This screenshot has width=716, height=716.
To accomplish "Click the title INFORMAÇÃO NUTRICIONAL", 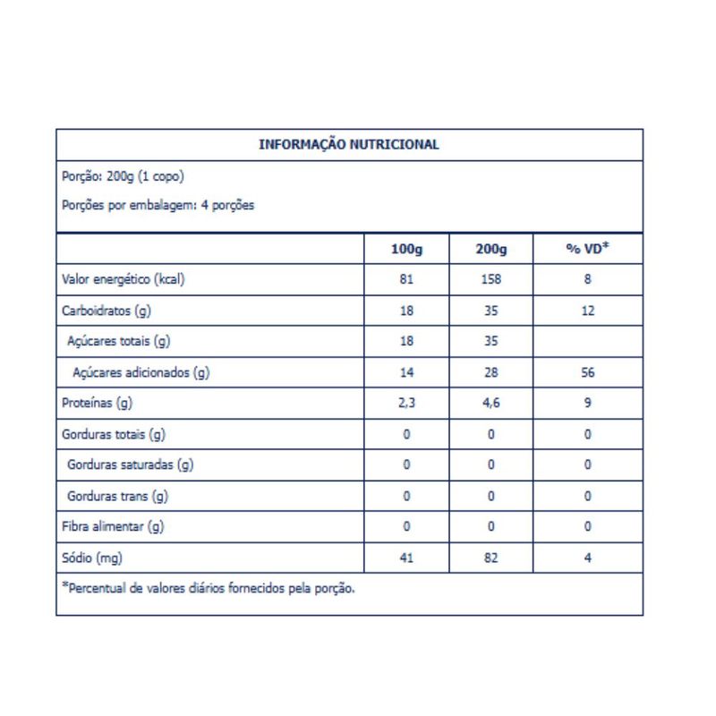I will click(348, 145).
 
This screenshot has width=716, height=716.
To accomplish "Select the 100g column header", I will click(407, 249).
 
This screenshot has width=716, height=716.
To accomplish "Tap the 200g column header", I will click(491, 249).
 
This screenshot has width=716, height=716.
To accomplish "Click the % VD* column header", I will click(587, 249).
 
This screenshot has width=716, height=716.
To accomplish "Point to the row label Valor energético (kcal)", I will click(123, 279).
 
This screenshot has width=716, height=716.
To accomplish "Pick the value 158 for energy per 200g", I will click(491, 279).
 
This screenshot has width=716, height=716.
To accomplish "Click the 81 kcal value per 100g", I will click(407, 279).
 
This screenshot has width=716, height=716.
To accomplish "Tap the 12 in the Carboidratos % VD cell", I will click(587, 311).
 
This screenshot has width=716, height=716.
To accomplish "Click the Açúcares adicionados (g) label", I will click(139, 373).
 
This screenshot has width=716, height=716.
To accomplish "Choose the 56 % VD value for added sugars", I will click(587, 373).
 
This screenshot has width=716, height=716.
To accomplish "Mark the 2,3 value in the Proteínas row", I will click(407, 404).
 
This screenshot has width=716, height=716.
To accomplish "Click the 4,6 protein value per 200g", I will click(491, 404).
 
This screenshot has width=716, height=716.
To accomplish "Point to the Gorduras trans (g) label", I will click(117, 496).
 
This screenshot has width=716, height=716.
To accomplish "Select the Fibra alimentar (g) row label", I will click(113, 527).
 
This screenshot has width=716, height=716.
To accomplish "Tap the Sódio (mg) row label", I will click(92, 558).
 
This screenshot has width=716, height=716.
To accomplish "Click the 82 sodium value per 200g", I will click(491, 558).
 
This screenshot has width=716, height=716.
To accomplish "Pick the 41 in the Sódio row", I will click(407, 558).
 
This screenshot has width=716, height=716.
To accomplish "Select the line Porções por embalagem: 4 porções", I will click(158, 205).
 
